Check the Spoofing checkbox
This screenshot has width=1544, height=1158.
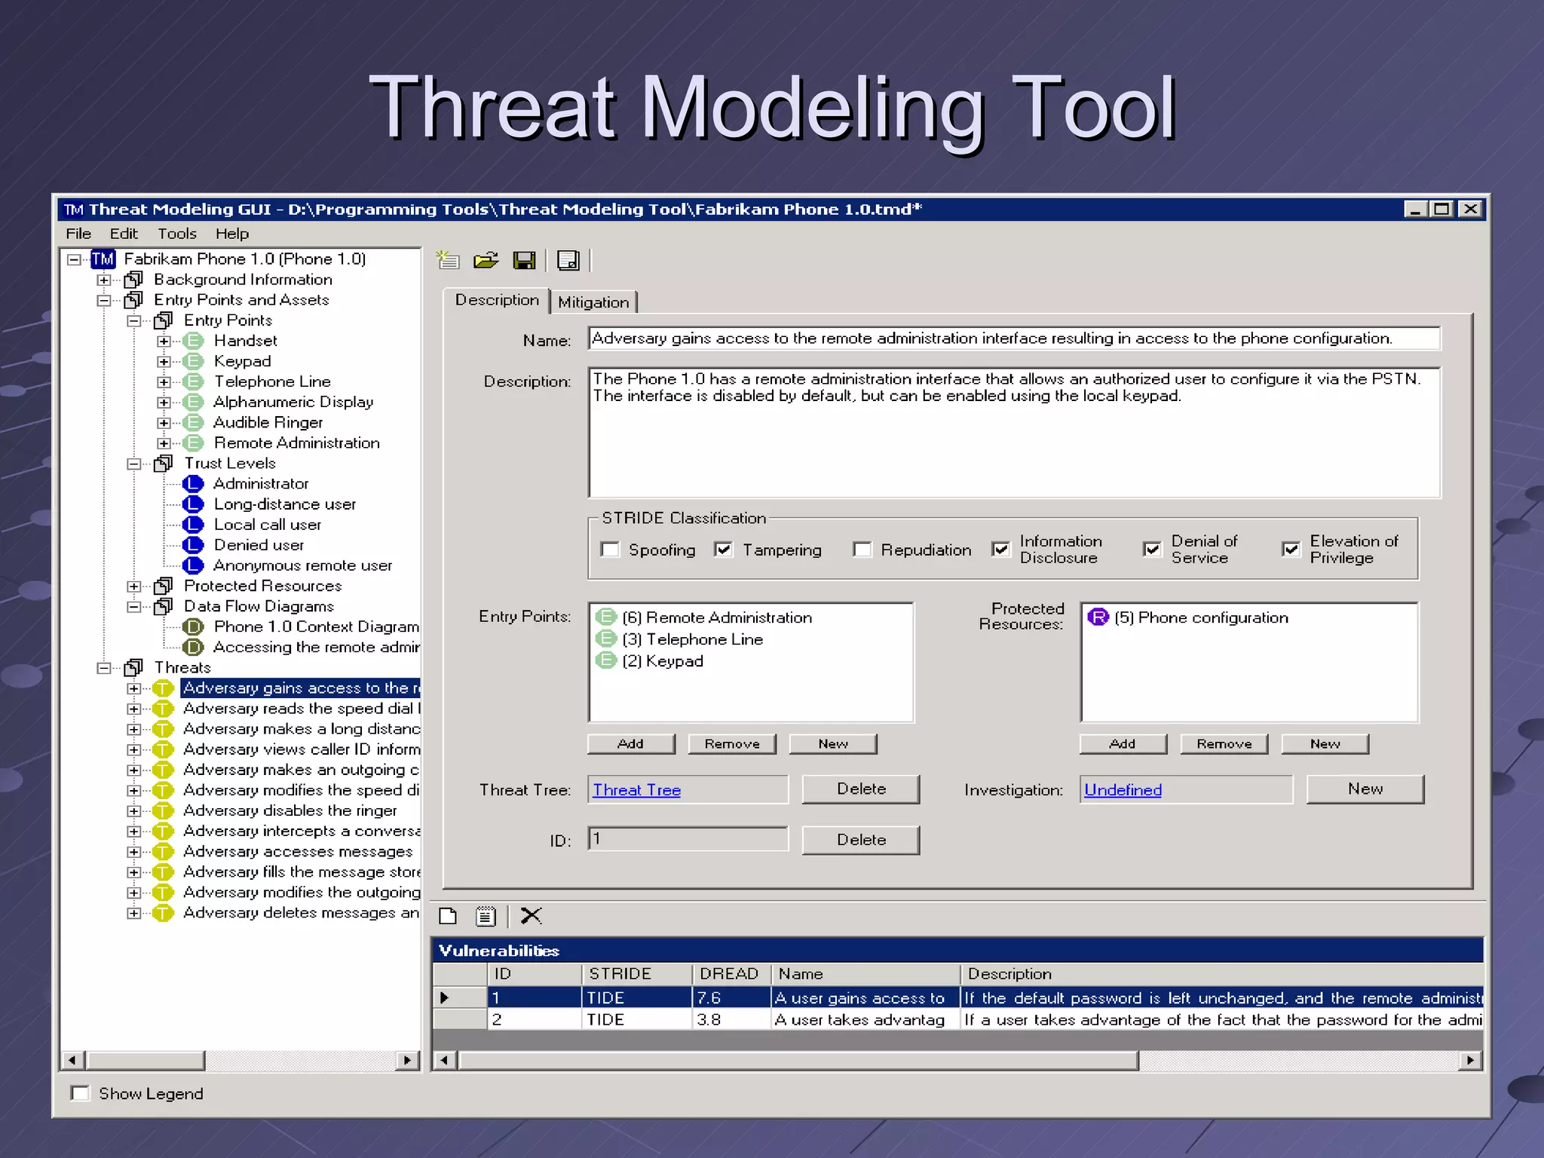click(x=610, y=550)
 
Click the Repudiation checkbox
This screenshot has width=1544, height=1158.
click(x=862, y=550)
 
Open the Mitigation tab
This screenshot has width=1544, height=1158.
click(x=593, y=302)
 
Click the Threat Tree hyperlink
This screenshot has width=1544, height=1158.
click(x=636, y=790)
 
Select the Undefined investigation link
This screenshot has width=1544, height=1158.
click(x=1123, y=790)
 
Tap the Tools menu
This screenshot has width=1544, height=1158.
click(x=176, y=234)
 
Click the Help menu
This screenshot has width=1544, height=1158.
click(x=231, y=234)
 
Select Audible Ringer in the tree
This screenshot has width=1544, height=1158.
click(x=268, y=422)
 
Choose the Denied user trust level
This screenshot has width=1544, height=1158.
click(x=259, y=545)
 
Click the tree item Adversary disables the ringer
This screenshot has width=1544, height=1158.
click(x=290, y=810)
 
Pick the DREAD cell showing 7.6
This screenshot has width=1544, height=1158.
click(x=729, y=997)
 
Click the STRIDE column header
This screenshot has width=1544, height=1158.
click(x=636, y=974)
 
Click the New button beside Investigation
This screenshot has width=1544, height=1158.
click(x=1365, y=789)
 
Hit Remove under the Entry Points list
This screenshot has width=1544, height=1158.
click(x=731, y=744)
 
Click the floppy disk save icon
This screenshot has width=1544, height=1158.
click(x=524, y=261)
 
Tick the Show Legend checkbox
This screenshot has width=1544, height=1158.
click(x=80, y=1093)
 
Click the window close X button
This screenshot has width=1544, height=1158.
click(x=1469, y=209)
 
